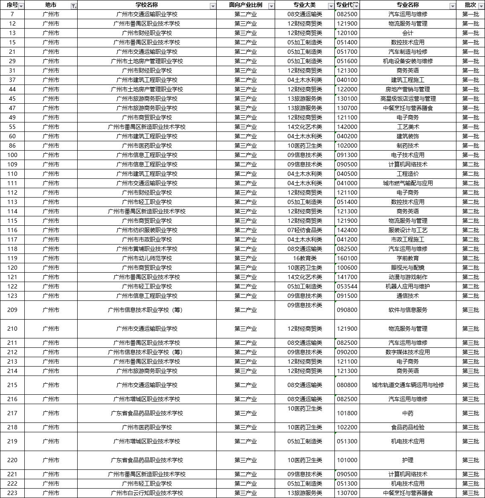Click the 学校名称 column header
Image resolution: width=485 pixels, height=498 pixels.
pyautogui.click(x=146, y=5)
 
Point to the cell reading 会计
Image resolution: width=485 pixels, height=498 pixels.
pyautogui.click(x=407, y=33)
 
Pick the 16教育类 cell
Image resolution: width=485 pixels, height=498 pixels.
pyautogui.click(x=305, y=258)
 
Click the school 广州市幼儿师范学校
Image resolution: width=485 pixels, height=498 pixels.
pyautogui.click(x=147, y=258)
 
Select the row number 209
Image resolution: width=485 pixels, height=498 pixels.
pyautogui.click(x=12, y=310)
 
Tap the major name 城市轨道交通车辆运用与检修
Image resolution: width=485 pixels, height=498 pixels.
pyautogui.click(x=407, y=385)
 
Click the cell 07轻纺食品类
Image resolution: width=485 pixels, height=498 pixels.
pyautogui.click(x=305, y=230)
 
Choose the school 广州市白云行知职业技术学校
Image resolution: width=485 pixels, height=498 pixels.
pyautogui.click(x=147, y=493)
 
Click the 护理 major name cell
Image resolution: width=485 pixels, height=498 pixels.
pyautogui.click(x=407, y=460)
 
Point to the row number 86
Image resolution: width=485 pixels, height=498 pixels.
pyautogui.click(x=12, y=146)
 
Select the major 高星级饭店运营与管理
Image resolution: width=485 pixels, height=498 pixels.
pyautogui.click(x=407, y=99)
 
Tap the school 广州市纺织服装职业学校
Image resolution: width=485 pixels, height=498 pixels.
pyautogui.click(x=147, y=230)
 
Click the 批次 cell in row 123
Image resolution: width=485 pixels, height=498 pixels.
pyautogui.click(x=470, y=296)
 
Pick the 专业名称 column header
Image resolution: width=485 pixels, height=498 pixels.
pyautogui.click(x=407, y=5)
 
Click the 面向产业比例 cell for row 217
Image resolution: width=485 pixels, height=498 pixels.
pyautogui.click(x=246, y=413)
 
